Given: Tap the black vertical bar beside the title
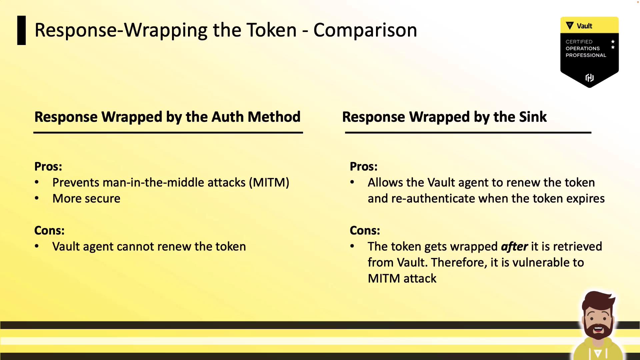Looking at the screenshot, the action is coord(21,30).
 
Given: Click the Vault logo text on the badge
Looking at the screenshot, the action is coord(584,26).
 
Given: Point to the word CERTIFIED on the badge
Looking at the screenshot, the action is coord(579,42).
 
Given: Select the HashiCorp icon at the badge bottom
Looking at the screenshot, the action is coord(589,78).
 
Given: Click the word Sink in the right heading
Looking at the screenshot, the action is coord(533,117).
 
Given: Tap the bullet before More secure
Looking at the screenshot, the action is coord(37,199).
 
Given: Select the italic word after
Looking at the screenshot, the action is coord(514,247).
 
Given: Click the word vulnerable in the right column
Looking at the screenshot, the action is coord(541,263).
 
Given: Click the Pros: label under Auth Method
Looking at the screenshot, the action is coord(48,167).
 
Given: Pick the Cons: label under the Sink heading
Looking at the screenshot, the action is coord(365,231).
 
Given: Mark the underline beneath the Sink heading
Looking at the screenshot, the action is coord(468,133).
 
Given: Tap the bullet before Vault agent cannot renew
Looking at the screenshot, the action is coord(37,247).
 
